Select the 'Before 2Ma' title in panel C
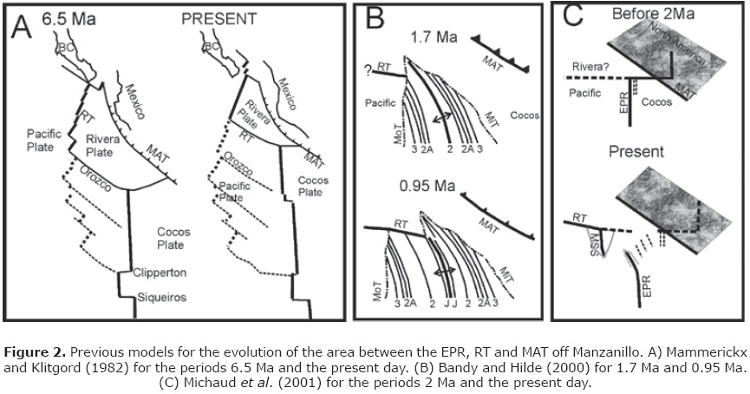click(x=649, y=15)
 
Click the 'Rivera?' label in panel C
click(x=582, y=72)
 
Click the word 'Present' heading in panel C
click(x=637, y=151)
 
